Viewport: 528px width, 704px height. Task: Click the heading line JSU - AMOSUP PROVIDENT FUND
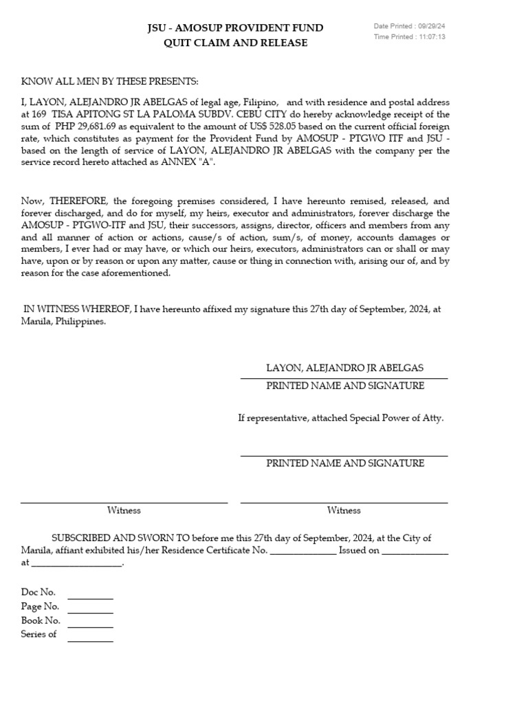click(x=235, y=28)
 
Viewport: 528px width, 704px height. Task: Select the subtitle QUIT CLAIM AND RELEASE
click(x=235, y=43)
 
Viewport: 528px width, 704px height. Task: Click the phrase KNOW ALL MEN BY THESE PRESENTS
click(x=109, y=82)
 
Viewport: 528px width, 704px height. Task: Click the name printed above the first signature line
click(x=345, y=368)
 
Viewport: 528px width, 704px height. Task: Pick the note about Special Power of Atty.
click(x=340, y=418)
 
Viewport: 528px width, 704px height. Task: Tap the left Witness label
click(x=124, y=511)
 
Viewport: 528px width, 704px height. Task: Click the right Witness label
click(x=344, y=511)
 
